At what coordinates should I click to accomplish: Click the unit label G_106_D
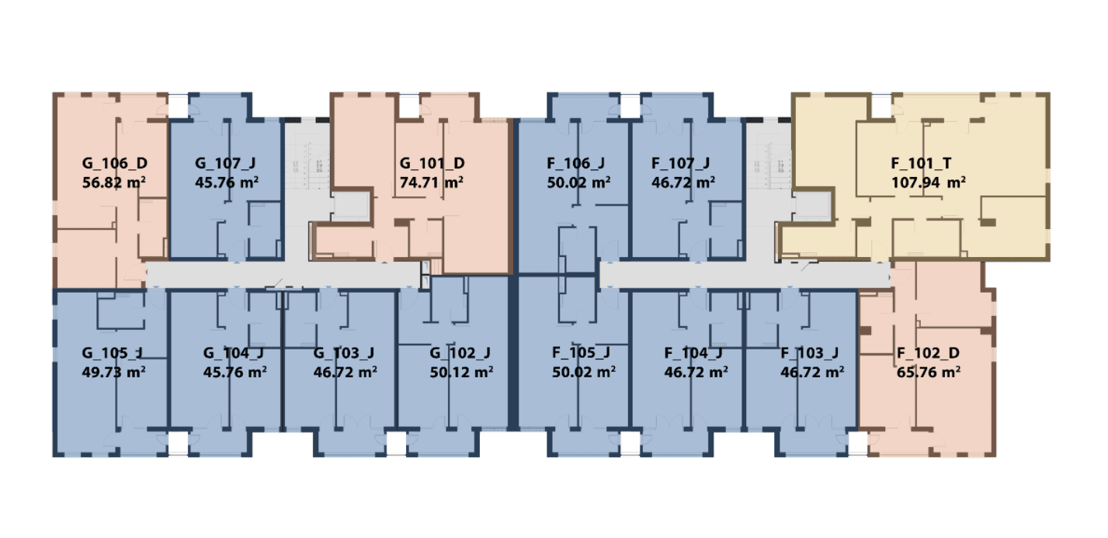114,163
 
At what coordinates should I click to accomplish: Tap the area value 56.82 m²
114,182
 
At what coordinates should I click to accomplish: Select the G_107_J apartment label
225,163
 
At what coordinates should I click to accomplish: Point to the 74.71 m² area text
432,182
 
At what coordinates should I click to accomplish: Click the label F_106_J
576,163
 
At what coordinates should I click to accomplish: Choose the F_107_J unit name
681,163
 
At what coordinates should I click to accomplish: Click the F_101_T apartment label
921,163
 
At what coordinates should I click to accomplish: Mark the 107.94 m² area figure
929,182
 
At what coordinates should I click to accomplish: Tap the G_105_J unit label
113,353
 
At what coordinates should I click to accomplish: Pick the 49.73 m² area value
114,372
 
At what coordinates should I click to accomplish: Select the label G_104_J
234,353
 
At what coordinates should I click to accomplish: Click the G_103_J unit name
344,353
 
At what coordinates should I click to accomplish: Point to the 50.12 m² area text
461,372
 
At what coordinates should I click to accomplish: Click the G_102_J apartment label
460,353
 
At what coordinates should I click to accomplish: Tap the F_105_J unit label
582,353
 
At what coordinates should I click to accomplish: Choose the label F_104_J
693,353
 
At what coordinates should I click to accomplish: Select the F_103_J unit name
810,353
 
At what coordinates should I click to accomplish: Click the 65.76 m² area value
929,372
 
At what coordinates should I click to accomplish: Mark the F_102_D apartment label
928,353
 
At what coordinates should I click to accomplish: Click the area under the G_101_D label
432,182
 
